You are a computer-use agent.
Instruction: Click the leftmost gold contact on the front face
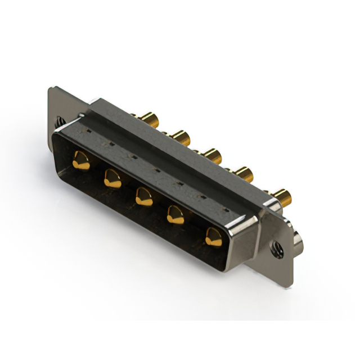coord(80,161)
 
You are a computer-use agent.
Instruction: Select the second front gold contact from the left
coord(111,178)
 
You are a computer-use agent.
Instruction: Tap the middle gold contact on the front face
coord(143,196)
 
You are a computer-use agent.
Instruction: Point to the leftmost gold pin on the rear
coord(148,119)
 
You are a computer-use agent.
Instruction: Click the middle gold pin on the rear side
coord(211,154)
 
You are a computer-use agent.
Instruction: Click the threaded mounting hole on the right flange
coord(276,248)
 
